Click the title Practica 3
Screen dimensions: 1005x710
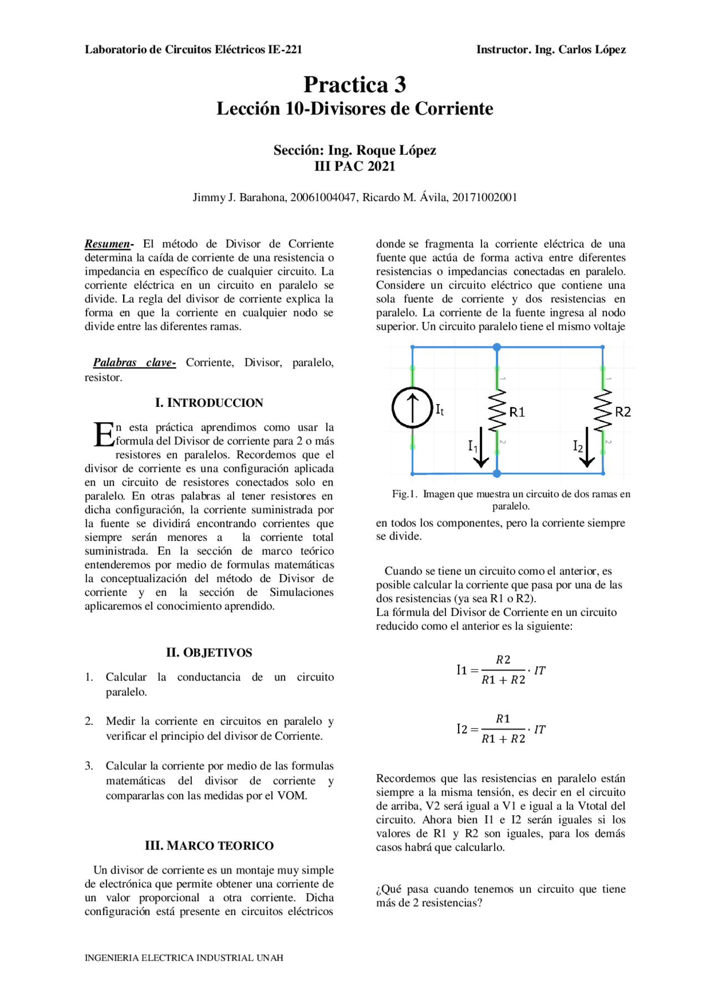[x=354, y=84]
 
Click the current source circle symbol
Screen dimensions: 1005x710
[x=412, y=407]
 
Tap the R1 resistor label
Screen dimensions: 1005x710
[x=517, y=412]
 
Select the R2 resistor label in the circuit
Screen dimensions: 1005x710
[x=623, y=412]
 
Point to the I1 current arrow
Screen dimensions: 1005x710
[x=481, y=447]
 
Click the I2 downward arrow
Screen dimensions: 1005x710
[x=587, y=447]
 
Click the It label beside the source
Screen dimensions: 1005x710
[x=439, y=410]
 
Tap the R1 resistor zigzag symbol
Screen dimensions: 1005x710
[x=497, y=410]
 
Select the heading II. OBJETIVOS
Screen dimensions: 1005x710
[x=209, y=653]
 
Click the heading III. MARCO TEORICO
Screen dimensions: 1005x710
[x=209, y=846]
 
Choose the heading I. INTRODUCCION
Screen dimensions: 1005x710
[x=209, y=403]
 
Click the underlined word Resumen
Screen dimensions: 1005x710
[x=108, y=244]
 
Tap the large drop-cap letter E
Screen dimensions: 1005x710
[x=103, y=435]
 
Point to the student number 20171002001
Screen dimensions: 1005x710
[x=484, y=198]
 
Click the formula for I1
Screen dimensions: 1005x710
[x=501, y=670]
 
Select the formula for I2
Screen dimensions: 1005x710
[x=501, y=729]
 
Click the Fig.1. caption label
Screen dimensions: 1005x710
[x=404, y=494]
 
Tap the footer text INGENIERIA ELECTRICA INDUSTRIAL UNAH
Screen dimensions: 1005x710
[x=184, y=958]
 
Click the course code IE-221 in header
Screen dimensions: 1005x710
[x=285, y=49]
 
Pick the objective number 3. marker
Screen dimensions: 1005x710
[x=89, y=766]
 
